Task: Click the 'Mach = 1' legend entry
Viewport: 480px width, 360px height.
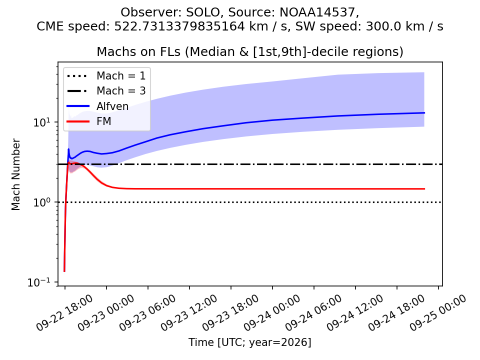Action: pyautogui.click(x=106, y=75)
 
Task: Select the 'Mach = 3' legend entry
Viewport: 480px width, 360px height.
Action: pyautogui.click(x=106, y=91)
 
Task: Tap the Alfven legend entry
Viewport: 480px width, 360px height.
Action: pyautogui.click(x=97, y=106)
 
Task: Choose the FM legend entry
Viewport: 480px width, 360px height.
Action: pyautogui.click(x=89, y=121)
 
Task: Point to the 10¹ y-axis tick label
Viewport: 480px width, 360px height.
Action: pyautogui.click(x=41, y=122)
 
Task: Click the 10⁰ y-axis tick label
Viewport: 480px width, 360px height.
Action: pyautogui.click(x=41, y=202)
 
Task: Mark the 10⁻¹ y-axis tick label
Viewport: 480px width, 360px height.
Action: pyautogui.click(x=38, y=282)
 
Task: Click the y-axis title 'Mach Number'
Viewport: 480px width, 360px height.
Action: pyautogui.click(x=15, y=174)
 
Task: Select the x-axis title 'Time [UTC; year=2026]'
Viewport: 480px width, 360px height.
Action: pyautogui.click(x=250, y=342)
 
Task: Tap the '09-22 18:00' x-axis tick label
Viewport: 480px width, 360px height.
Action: pyautogui.click(x=64, y=313)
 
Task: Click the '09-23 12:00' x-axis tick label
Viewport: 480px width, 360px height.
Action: pyautogui.click(x=189, y=313)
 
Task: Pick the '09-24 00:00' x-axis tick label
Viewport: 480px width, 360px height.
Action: pyautogui.click(x=272, y=313)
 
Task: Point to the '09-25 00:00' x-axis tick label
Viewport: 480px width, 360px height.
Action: pyautogui.click(x=438, y=313)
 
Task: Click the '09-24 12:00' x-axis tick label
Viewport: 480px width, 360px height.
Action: pyautogui.click(x=355, y=313)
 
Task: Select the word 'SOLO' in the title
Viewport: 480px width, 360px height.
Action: pyautogui.click(x=202, y=12)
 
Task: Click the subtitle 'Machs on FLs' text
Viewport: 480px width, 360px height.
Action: pyautogui.click(x=138, y=51)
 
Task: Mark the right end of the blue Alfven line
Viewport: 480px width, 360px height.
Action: pyautogui.click(x=424, y=113)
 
